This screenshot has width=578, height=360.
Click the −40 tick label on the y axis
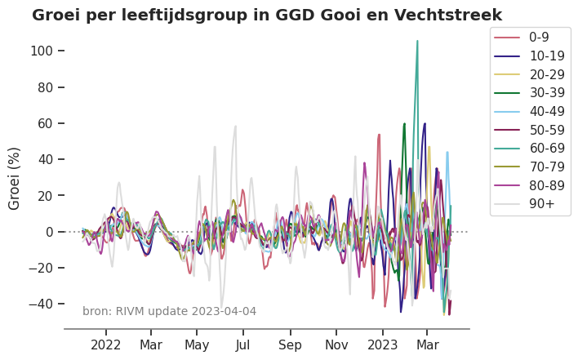click(40, 304)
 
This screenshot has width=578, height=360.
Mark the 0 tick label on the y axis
click(48, 232)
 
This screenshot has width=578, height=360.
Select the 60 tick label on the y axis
click(46, 123)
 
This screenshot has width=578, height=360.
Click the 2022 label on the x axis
click(106, 345)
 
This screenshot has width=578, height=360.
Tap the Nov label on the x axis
click(336, 345)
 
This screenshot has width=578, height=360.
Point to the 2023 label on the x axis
click(382, 345)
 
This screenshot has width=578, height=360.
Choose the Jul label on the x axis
click(243, 345)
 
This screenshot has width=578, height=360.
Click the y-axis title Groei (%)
click(15, 178)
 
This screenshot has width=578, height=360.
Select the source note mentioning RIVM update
click(169, 311)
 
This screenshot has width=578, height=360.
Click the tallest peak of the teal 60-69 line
click(417, 41)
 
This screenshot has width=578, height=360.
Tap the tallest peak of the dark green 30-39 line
click(404, 124)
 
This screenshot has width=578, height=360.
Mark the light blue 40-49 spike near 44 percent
click(447, 152)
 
